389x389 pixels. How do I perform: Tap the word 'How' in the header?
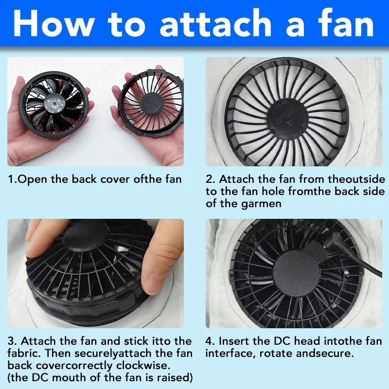[54, 24]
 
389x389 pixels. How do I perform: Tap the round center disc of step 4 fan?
[296, 272]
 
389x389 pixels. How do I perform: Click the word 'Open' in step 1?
[33, 179]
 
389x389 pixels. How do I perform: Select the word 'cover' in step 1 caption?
[115, 179]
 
